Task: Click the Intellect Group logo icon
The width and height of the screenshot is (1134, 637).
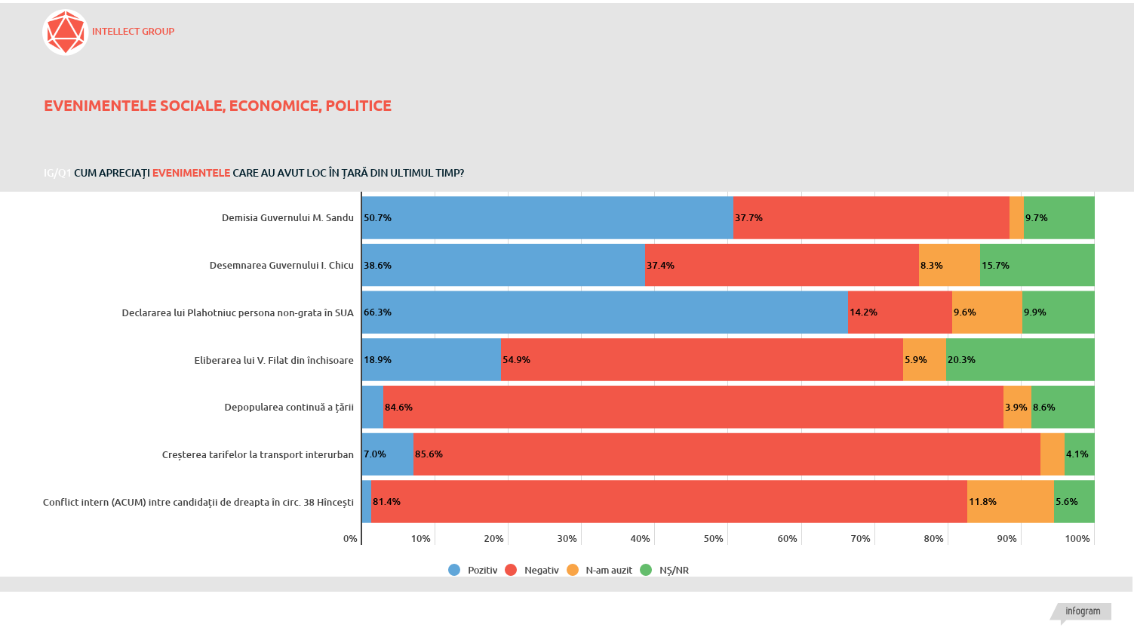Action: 66,32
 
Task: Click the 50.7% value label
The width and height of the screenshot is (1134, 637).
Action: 377,218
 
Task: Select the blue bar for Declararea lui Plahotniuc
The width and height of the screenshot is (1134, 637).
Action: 604,312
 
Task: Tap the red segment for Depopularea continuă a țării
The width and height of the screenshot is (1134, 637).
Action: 693,408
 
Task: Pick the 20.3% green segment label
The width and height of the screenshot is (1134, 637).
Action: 961,360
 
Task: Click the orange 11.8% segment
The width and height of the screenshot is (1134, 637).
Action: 1010,502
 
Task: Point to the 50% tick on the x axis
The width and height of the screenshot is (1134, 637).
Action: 713,539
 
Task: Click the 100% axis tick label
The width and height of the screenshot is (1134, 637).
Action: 1077,539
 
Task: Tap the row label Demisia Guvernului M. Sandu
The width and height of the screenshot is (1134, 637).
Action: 287,218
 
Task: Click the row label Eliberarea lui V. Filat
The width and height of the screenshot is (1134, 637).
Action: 274,361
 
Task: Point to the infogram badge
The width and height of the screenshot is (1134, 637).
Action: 1082,611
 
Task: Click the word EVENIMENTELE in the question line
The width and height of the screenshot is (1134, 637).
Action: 191,173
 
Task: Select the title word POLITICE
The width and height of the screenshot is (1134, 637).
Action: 358,106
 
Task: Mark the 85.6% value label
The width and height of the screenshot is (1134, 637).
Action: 429,454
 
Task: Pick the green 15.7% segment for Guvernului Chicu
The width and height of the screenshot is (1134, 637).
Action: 1037,266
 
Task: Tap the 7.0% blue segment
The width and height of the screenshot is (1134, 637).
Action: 387,454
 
